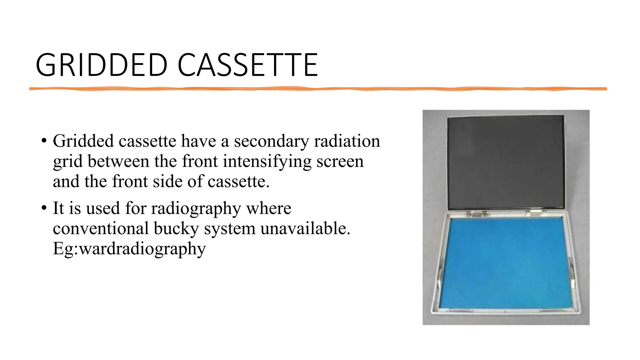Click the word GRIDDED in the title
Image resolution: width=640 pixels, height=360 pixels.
[x=102, y=65]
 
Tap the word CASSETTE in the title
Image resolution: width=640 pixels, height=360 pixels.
[x=247, y=65]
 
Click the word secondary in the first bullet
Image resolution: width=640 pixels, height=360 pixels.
[x=271, y=141]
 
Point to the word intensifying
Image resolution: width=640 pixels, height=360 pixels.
[x=267, y=162]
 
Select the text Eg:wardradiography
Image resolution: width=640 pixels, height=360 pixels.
[x=129, y=249]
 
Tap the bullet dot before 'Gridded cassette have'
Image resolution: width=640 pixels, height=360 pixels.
[x=44, y=141]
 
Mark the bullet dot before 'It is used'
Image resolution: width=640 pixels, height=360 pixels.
[x=44, y=208]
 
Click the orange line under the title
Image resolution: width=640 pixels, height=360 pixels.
[x=317, y=89]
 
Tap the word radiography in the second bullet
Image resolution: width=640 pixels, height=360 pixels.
[x=196, y=209]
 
